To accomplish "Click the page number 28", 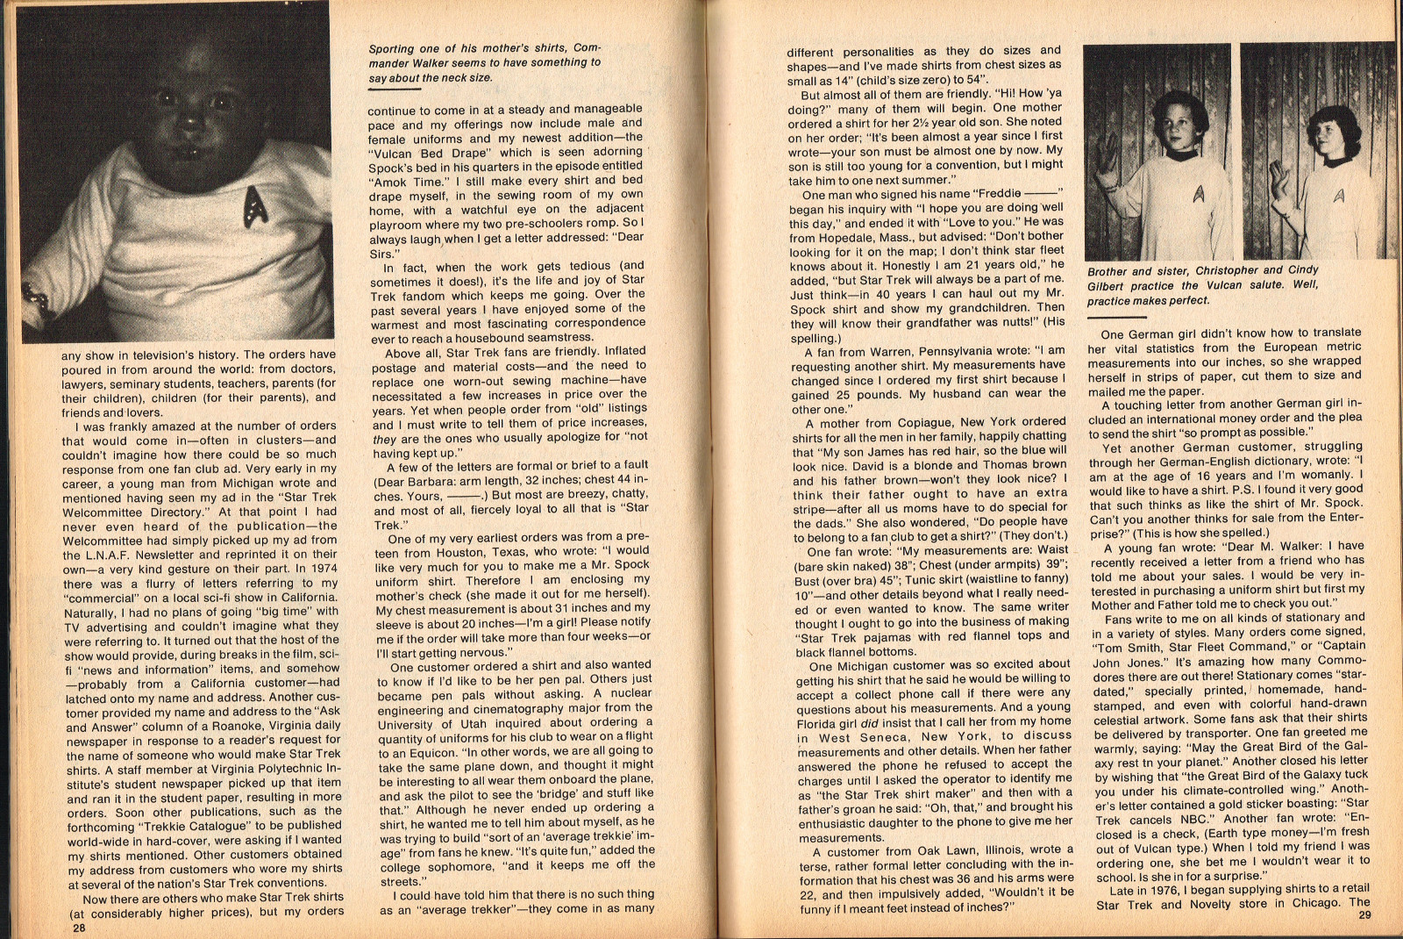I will [x=79, y=928].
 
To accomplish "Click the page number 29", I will [x=1364, y=916].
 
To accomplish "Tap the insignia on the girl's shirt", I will [x=1338, y=195].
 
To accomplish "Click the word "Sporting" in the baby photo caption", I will [x=392, y=48].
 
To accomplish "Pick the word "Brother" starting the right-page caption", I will [x=1109, y=271].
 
